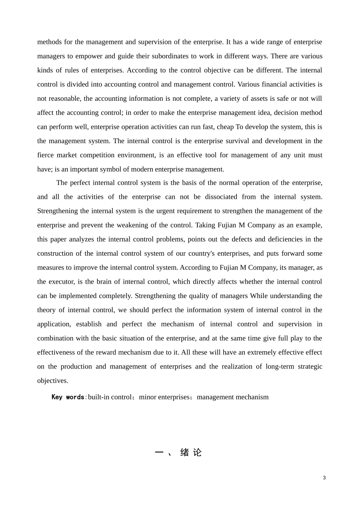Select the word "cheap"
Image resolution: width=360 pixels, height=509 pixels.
(x=225, y=127)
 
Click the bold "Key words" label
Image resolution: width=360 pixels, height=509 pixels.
(x=68, y=397)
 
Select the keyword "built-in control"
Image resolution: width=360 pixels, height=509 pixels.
(x=110, y=397)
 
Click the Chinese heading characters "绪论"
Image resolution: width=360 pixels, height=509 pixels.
(x=191, y=453)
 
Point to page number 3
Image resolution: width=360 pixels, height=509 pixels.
(x=324, y=478)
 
